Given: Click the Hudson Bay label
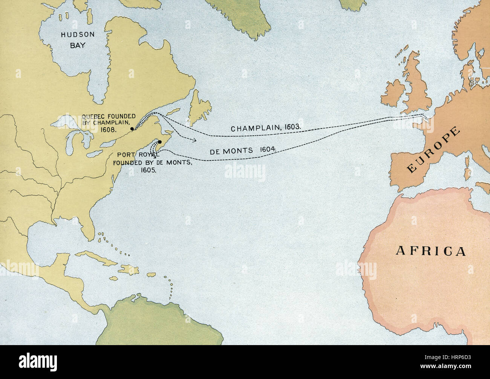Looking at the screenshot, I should click(x=78, y=40).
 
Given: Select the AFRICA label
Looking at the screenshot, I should click(x=430, y=251).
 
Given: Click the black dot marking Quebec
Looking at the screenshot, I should click(x=132, y=129).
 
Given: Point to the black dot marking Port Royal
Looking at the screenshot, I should click(x=160, y=142).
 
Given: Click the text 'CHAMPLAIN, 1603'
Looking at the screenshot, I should click(x=266, y=128).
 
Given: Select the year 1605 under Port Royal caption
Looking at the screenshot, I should click(x=148, y=170).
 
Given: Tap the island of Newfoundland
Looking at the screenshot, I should click(x=200, y=110).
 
